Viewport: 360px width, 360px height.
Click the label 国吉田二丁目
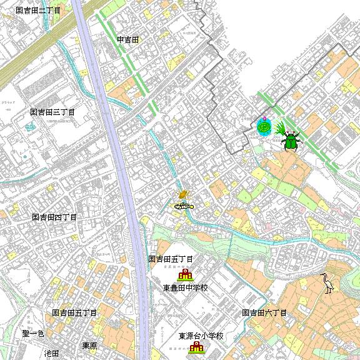pyautogui.click(x=38, y=11)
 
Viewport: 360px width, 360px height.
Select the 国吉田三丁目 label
pyautogui.click(x=52, y=112)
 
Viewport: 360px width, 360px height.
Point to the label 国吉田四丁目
pyautogui.click(x=54, y=217)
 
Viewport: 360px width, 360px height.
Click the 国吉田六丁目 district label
pyautogui.click(x=264, y=312)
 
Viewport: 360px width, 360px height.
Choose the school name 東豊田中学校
pyautogui.click(x=185, y=288)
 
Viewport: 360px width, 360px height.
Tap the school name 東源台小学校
pyautogui.click(x=201, y=336)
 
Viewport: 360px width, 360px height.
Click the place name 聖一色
pyautogui.click(x=33, y=333)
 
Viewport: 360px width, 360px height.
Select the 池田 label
pyautogui.click(x=51, y=353)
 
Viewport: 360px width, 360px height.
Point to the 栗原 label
pyautogui.click(x=89, y=346)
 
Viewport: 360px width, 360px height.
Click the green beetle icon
pyautogui.click(x=291, y=140)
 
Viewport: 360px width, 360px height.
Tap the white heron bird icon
pyautogui.click(x=327, y=283)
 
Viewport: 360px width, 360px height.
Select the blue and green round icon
pyautogui.click(x=264, y=127)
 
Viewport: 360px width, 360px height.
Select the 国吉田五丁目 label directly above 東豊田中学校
pyautogui.click(x=171, y=259)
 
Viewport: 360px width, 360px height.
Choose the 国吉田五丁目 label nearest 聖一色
pyautogui.click(x=74, y=312)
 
